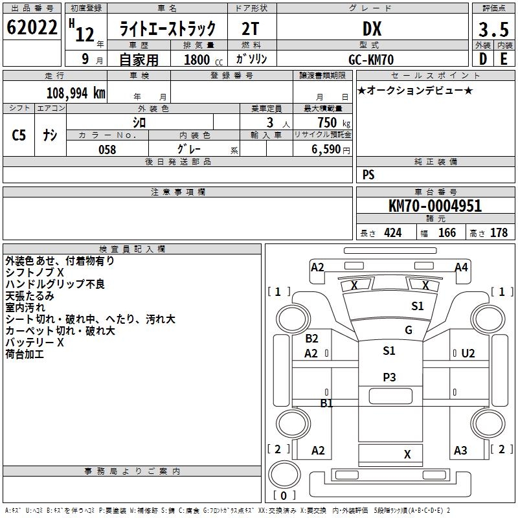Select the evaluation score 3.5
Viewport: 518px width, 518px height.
tap(493, 30)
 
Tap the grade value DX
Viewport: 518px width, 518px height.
tap(372, 29)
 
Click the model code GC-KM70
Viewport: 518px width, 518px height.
tap(372, 59)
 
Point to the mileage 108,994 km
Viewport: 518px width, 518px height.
tap(76, 93)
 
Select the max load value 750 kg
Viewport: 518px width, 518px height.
tap(331, 122)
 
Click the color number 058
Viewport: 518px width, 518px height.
tap(107, 150)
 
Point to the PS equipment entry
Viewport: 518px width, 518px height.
tap(368, 175)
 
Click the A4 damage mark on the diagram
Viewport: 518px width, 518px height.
tap(461, 267)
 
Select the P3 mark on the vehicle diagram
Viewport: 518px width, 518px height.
tap(389, 377)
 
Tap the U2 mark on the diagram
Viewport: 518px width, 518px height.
tap(468, 354)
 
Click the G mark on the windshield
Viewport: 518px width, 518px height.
tap(408, 330)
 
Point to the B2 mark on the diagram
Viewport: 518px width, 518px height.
tap(311, 339)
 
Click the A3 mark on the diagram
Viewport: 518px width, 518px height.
tap(460, 451)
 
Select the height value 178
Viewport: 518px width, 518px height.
tap(499, 233)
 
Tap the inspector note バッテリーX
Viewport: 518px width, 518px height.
tap(34, 343)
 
